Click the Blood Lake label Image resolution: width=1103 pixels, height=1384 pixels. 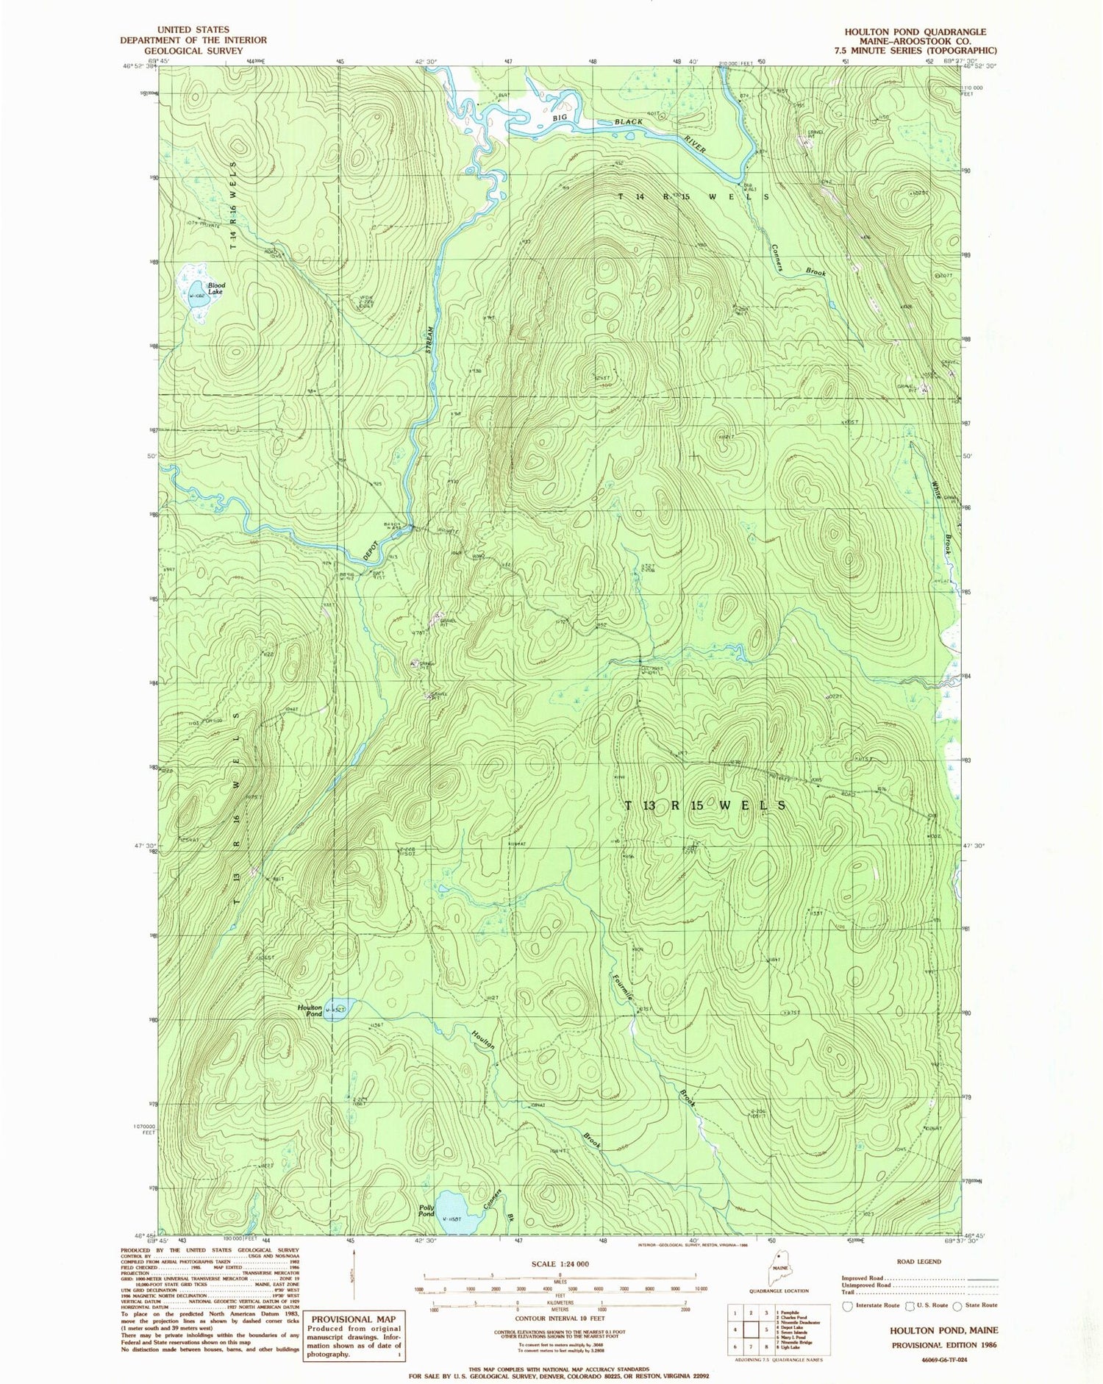[x=216, y=288]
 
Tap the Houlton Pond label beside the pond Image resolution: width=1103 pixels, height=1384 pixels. [x=310, y=1010]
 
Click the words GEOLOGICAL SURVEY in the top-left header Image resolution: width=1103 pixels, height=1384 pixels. [x=193, y=51]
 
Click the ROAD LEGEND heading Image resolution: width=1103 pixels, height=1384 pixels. [x=918, y=1261]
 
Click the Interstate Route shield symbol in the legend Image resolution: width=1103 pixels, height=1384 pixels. [x=847, y=1305]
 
